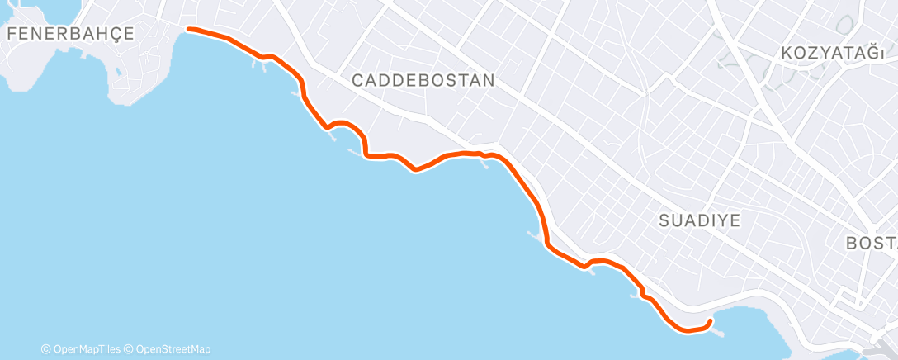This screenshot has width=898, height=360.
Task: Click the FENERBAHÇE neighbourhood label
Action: [70, 33]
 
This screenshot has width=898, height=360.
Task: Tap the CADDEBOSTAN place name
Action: [423, 80]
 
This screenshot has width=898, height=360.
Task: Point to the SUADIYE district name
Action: [700, 220]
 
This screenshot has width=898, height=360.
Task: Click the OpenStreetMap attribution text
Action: [171, 349]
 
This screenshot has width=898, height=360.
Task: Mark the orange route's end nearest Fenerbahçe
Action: [190, 30]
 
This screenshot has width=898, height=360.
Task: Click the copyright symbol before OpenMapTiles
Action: [46, 349]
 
